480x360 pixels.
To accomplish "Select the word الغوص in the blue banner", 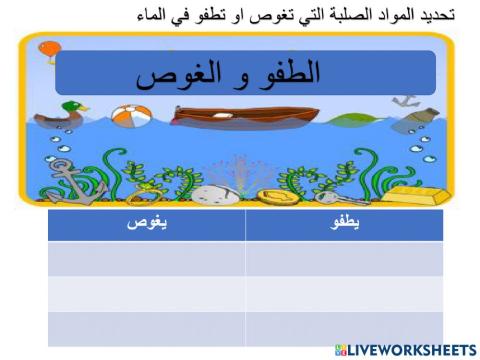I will pos(175,77).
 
